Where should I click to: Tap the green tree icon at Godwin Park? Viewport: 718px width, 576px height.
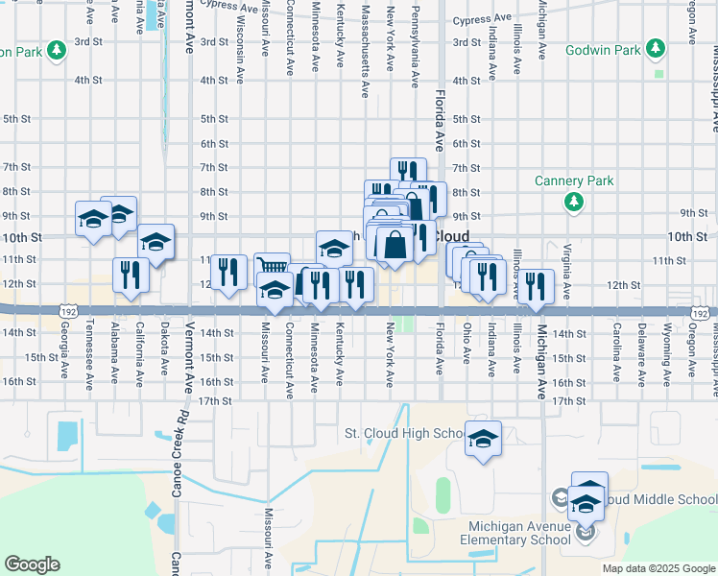pyautogui.click(x=656, y=47)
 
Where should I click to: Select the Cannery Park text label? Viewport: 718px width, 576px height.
pyautogui.click(x=574, y=180)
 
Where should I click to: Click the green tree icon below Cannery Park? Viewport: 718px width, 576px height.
pyautogui.click(x=574, y=201)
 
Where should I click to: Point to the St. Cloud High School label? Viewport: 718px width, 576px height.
pyautogui.click(x=404, y=434)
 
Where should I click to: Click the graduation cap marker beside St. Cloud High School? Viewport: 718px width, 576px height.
pyautogui.click(x=484, y=440)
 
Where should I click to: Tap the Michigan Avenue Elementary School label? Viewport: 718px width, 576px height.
pyautogui.click(x=519, y=533)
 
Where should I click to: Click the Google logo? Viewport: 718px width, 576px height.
pyautogui.click(x=32, y=564)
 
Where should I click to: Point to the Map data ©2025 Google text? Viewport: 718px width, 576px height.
pyautogui.click(x=658, y=568)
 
